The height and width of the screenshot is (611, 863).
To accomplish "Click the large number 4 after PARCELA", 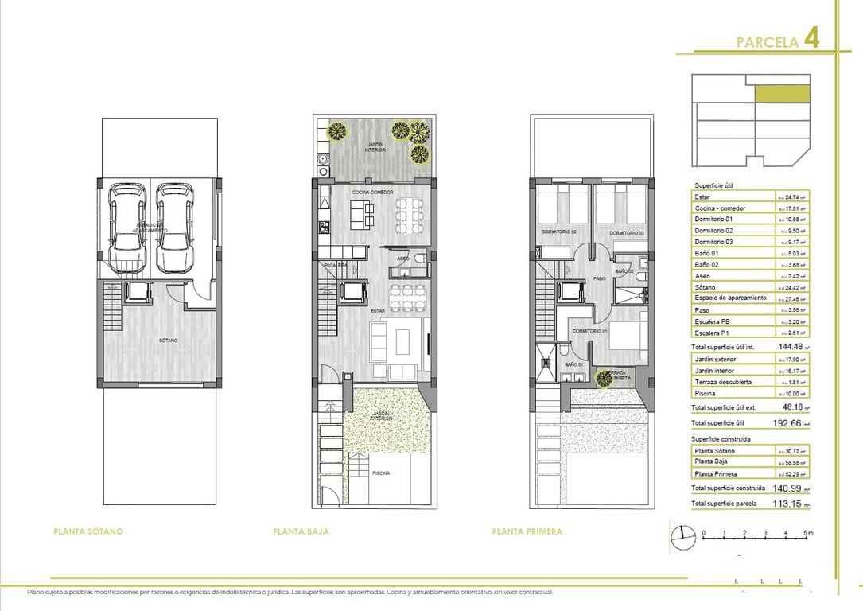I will pos(811,39).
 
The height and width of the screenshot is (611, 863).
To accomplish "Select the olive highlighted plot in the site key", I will pos(781,93).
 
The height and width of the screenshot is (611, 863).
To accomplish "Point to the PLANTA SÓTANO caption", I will pos(88,531).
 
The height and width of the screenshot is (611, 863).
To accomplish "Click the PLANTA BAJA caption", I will pos(301,531).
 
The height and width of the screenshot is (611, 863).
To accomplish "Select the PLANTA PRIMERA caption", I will pos(527,531).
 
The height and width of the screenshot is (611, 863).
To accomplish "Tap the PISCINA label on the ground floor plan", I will pos(381,473).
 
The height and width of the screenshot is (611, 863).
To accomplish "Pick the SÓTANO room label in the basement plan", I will pos(167,341).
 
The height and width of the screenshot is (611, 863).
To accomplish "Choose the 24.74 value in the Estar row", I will pos(791,197).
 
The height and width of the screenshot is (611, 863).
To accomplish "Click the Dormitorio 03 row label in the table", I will pos(713,242).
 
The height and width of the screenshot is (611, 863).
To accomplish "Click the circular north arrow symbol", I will pos(682,539).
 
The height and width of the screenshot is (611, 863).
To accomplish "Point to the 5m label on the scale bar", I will pos(808,532).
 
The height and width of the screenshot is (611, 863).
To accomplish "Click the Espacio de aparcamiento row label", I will pos(730,298).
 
